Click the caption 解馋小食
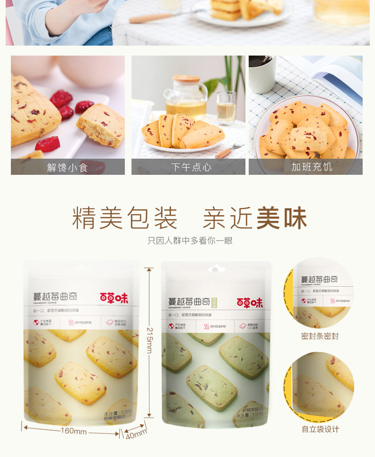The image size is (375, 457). point(67,167)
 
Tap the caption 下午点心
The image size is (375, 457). point(188,167)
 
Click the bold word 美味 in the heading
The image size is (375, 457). point(282,218)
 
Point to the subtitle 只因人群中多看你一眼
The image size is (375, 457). point(190,241)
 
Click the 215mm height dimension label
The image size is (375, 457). point(149,340)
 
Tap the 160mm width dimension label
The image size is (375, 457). point(73,431)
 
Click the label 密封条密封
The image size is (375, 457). point(320,336)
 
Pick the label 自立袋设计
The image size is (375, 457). point(320,429)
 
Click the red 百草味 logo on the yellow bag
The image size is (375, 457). point(114,297)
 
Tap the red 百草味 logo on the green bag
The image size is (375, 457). point(250,303)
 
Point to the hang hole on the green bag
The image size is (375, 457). point(216,269)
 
